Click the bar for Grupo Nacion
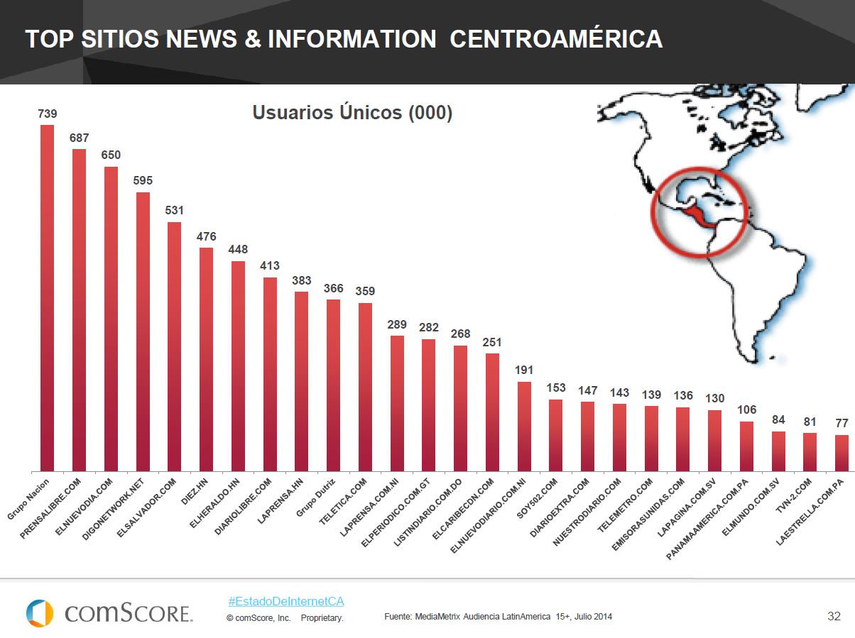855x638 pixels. click(x=48, y=298)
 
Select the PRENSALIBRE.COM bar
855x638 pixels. click(x=79, y=310)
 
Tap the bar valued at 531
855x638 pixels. click(x=174, y=346)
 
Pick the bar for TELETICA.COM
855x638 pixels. click(x=365, y=387)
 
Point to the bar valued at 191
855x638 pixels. click(x=524, y=427)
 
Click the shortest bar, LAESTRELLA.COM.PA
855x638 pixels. click(x=842, y=453)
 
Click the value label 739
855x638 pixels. click(x=48, y=114)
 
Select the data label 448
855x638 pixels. click(x=238, y=250)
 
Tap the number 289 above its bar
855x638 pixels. click(x=397, y=324)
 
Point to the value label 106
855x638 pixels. click(x=746, y=410)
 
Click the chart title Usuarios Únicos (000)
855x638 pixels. click(x=352, y=113)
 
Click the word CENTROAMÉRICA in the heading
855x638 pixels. click(x=556, y=39)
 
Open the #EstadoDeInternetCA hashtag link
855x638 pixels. click(x=286, y=601)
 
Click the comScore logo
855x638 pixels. click(x=109, y=613)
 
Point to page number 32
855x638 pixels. click(x=834, y=615)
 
